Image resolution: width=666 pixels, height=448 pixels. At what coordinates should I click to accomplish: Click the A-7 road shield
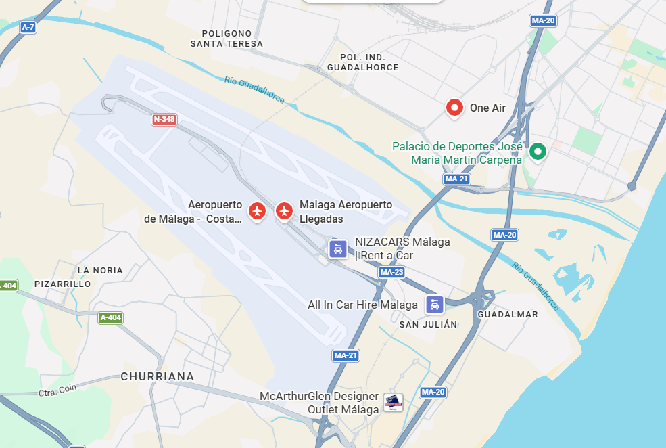click(28, 27)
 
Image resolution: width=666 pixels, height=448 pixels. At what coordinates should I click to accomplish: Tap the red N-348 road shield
click(164, 120)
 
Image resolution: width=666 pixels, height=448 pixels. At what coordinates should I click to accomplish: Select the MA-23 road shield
click(391, 272)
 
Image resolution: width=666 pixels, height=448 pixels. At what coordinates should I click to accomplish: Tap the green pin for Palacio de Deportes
click(538, 152)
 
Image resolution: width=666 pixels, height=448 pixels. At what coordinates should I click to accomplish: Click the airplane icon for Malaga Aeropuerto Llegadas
click(284, 210)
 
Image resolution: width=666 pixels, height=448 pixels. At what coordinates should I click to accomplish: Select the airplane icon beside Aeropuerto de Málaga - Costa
click(256, 210)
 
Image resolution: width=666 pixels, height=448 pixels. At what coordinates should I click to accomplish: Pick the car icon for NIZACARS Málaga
click(338, 248)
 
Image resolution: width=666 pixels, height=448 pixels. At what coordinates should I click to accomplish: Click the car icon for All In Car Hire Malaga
click(434, 305)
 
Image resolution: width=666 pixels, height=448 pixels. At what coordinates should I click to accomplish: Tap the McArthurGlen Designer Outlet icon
click(393, 403)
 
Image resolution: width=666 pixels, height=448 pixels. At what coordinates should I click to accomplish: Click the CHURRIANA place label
click(158, 376)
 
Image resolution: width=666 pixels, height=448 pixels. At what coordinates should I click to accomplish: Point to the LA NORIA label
click(100, 270)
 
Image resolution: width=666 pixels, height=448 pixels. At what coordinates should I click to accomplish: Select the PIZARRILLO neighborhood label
click(62, 284)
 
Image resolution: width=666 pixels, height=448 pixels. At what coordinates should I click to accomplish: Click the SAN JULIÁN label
click(428, 324)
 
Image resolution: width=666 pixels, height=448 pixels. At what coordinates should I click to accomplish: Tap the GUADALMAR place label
click(508, 314)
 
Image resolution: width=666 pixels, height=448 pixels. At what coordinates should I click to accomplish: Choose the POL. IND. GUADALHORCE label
click(362, 62)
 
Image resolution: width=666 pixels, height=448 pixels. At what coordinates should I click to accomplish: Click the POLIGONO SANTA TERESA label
click(227, 39)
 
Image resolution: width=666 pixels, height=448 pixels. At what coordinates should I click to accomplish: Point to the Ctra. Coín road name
click(57, 390)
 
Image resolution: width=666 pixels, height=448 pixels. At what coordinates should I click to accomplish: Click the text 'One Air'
click(487, 108)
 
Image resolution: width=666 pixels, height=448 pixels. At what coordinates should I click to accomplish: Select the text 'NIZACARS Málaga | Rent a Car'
click(402, 248)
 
